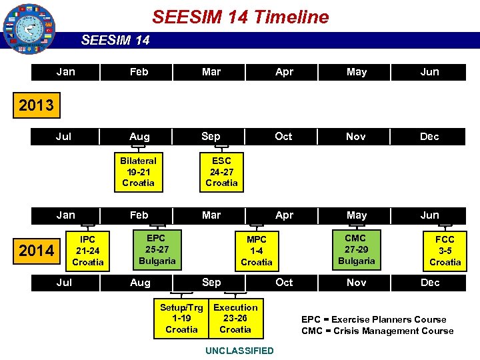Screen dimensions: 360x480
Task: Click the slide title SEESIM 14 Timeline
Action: (x=240, y=17)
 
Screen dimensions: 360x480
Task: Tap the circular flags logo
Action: (x=29, y=28)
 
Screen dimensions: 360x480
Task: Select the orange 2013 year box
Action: (x=37, y=105)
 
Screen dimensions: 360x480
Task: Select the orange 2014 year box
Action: (x=37, y=251)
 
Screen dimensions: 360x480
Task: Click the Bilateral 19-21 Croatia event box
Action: (x=138, y=172)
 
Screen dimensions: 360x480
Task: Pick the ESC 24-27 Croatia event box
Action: (x=221, y=172)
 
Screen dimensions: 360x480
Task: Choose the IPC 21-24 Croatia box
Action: (x=88, y=251)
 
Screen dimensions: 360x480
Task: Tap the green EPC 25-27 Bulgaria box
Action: (x=157, y=249)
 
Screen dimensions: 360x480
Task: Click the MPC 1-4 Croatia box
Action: (x=257, y=251)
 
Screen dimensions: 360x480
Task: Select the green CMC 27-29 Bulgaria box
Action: (x=357, y=249)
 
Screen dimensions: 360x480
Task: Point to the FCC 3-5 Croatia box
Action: (x=445, y=251)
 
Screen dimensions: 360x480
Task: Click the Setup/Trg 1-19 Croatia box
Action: (x=181, y=319)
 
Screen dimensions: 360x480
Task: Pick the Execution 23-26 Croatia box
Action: (x=235, y=319)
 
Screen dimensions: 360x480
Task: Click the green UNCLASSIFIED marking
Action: (x=239, y=351)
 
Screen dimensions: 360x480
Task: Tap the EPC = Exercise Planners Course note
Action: (x=373, y=319)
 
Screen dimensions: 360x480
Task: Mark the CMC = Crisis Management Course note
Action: (x=377, y=331)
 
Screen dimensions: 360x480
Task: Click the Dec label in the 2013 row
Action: (x=429, y=137)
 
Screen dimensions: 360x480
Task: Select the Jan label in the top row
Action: (x=66, y=72)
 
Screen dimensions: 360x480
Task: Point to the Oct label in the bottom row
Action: (x=284, y=283)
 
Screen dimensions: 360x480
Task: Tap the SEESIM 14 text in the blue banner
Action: (x=115, y=41)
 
